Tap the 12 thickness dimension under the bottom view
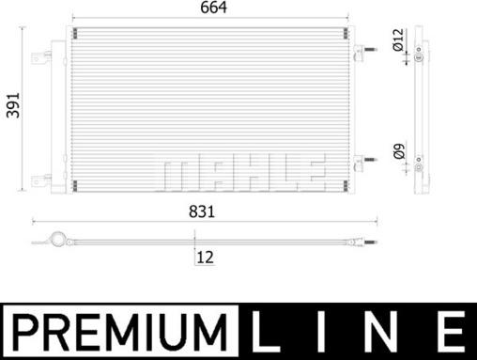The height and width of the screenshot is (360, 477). coord(205,256)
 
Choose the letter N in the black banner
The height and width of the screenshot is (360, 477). coord(387,332)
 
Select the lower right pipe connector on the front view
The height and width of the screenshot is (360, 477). coord(361,165)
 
